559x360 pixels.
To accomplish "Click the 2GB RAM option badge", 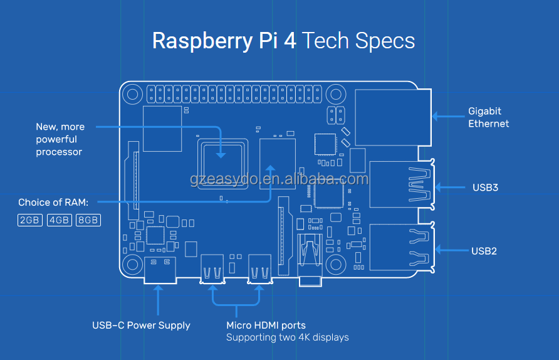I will click(x=30, y=220).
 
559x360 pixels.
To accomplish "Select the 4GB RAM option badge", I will click(x=59, y=220).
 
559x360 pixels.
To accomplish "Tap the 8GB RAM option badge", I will click(x=88, y=220).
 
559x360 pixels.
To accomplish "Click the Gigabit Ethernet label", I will click(x=488, y=117).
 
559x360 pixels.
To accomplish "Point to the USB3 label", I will click(x=485, y=187).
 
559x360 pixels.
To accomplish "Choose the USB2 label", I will click(x=484, y=251).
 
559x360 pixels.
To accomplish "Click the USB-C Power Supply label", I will click(x=141, y=325).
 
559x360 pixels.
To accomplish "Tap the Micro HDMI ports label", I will click(x=266, y=325).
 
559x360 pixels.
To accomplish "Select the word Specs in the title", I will click(x=385, y=41).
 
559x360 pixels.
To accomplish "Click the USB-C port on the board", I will click(x=159, y=270).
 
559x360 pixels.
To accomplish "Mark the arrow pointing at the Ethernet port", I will click(x=446, y=116).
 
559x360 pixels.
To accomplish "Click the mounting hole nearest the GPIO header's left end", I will click(x=132, y=95).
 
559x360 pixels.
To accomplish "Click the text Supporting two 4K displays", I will click(x=287, y=337).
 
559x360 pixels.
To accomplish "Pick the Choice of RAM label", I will click(x=53, y=202).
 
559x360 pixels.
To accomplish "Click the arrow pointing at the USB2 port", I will click(x=450, y=250).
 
